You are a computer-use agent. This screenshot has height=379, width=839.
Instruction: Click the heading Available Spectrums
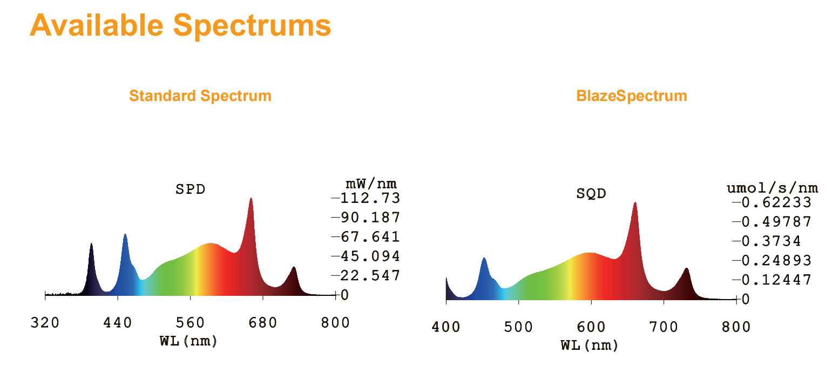[180, 25]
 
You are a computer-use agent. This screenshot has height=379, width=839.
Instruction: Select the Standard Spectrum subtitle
[200, 96]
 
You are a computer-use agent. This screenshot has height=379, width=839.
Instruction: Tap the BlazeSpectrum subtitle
[632, 96]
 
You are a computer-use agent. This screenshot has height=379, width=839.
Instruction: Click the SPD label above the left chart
[190, 189]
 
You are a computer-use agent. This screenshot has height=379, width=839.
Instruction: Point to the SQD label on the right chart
[591, 194]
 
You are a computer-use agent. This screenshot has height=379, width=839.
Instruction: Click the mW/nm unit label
[371, 184]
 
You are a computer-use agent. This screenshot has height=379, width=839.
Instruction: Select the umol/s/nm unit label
[773, 188]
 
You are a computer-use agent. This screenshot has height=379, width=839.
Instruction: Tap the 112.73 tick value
[370, 198]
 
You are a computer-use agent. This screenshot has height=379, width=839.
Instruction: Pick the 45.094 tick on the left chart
[370, 256]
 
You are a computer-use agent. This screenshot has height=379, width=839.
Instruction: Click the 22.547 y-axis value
[370, 276]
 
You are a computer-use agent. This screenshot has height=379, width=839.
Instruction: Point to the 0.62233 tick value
[776, 202]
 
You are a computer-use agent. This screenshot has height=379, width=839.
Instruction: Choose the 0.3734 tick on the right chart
[771, 241]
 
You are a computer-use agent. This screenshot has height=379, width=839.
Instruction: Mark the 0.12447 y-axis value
[776, 280]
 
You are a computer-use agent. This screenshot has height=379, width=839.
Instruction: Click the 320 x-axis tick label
[45, 323]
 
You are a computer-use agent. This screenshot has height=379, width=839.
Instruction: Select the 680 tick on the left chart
[263, 323]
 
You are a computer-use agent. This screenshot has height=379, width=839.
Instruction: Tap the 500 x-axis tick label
[518, 327]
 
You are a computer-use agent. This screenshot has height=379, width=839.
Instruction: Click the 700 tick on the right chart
[664, 327]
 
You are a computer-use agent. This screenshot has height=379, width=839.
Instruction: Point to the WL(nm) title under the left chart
[188, 341]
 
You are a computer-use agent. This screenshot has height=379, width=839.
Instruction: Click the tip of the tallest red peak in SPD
[251, 198]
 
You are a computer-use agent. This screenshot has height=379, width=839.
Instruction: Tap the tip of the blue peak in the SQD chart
[484, 258]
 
